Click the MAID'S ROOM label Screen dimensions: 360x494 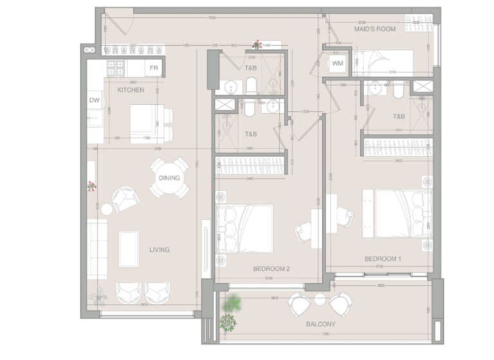(x=374, y=29)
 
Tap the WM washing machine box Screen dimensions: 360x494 (x=338, y=64)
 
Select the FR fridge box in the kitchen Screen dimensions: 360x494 (x=153, y=67)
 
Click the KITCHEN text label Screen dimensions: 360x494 (x=131, y=90)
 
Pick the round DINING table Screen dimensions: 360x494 (x=169, y=178)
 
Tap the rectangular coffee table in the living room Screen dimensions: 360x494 (x=129, y=249)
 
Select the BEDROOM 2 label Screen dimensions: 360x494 (x=271, y=269)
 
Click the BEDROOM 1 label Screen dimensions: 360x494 (x=383, y=259)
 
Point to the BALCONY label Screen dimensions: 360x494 (x=319, y=325)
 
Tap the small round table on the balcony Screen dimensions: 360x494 (x=320, y=299)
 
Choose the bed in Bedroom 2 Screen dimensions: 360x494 (x=244, y=228)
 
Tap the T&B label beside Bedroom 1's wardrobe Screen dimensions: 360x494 (x=399, y=117)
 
